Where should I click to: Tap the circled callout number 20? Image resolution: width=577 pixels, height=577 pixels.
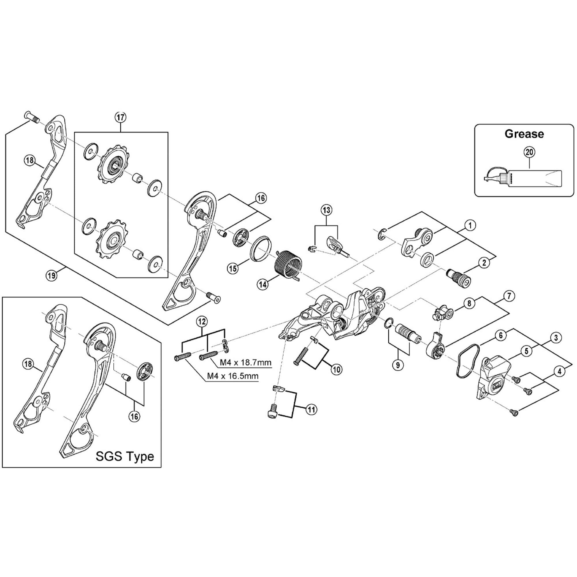tap(529, 152)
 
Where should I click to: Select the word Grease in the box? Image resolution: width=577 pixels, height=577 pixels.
tap(524, 134)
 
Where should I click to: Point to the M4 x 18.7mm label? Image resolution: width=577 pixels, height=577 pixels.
tap(246, 363)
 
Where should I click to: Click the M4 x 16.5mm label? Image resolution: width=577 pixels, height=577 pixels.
tap(233, 376)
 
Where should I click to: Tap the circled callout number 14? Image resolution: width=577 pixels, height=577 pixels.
tap(263, 284)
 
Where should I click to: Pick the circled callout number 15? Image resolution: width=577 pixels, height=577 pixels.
tap(233, 268)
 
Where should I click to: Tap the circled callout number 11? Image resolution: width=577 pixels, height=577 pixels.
tap(311, 409)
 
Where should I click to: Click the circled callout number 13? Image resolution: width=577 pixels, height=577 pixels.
tap(326, 210)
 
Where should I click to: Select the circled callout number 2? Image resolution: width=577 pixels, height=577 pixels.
tap(484, 263)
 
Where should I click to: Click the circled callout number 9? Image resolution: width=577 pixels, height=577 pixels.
tap(398, 365)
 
